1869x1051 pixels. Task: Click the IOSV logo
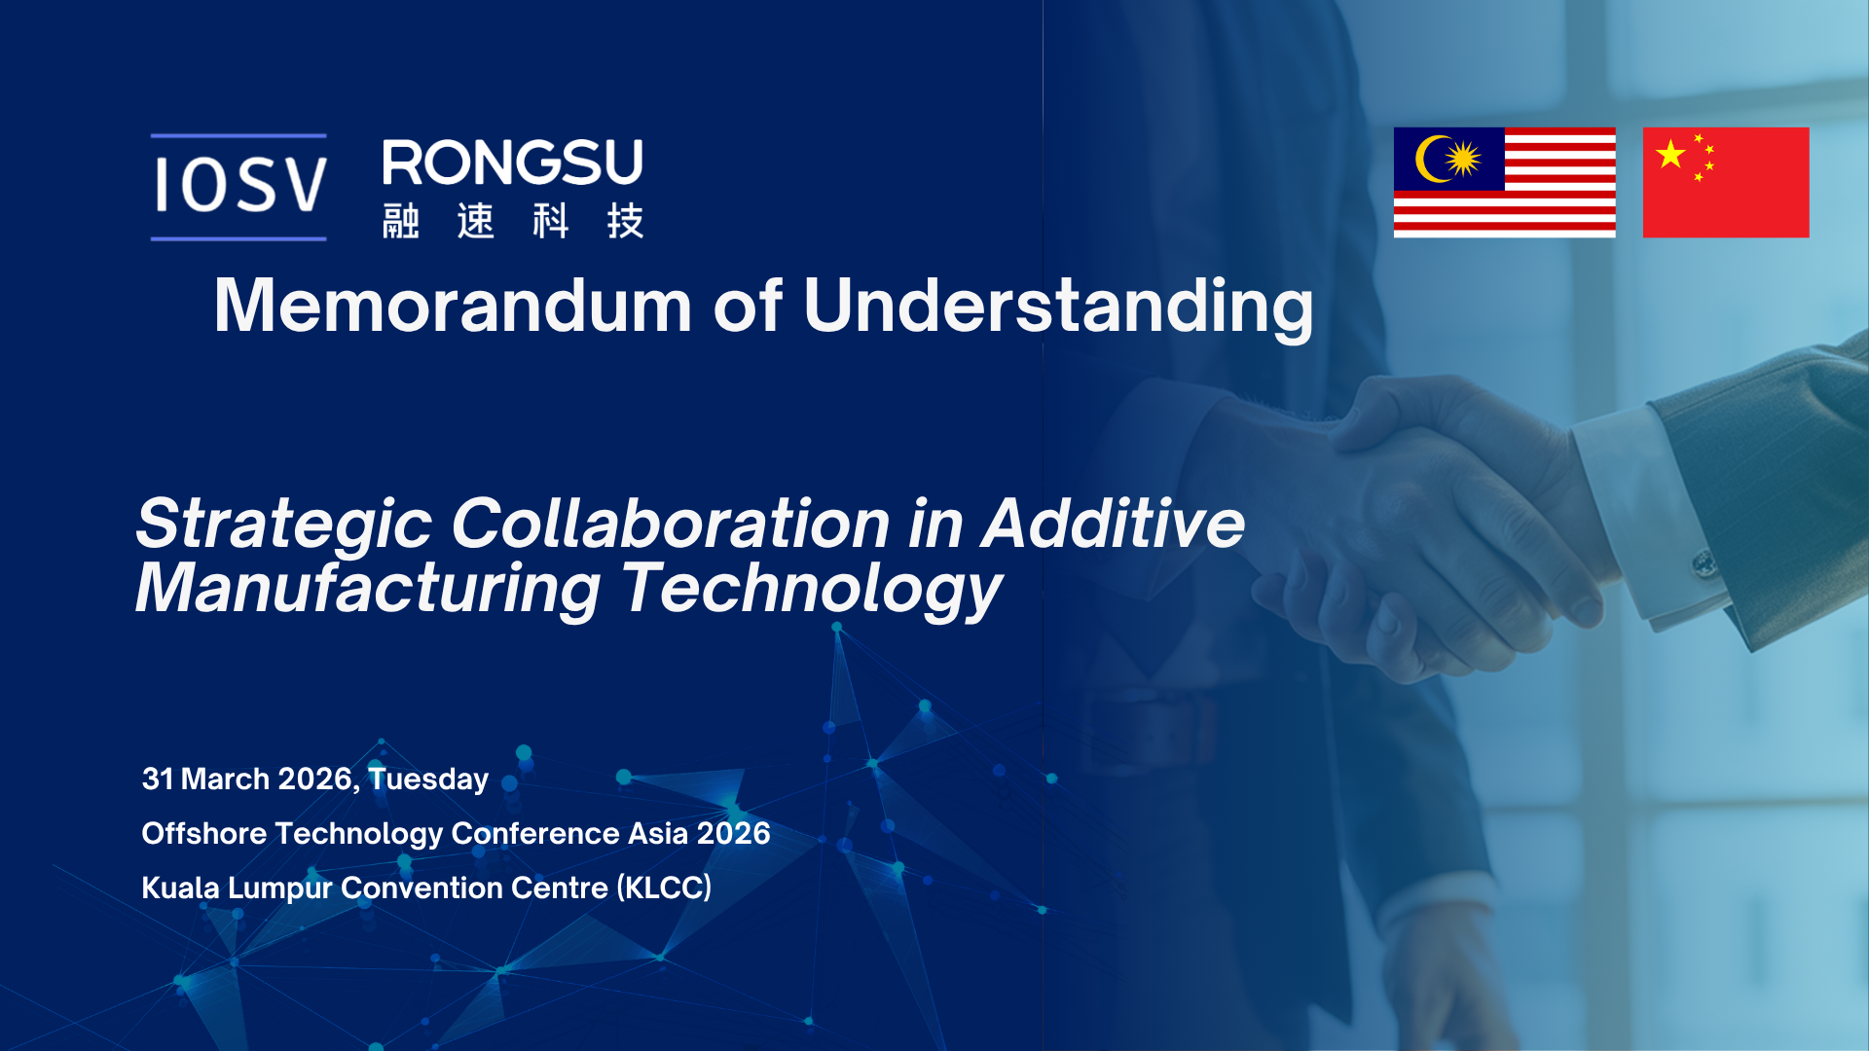[239, 187]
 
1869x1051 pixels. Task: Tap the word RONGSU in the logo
[513, 163]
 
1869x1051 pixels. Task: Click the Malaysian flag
[1504, 182]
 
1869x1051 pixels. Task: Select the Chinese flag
[1726, 182]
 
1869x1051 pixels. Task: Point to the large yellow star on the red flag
[1670, 154]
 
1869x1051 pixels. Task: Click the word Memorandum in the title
[453, 306]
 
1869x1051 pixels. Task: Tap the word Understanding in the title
[1058, 308]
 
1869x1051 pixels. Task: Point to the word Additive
[1114, 524]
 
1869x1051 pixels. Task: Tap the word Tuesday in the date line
[428, 779]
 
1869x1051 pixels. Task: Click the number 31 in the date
[158, 779]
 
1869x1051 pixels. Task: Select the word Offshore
[204, 833]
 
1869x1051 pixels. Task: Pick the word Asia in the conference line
[657, 833]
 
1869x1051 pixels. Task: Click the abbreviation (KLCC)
[664, 888]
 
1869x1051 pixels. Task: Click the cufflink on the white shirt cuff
[1704, 562]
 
